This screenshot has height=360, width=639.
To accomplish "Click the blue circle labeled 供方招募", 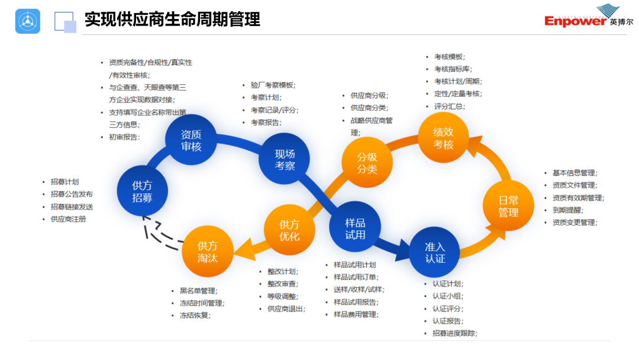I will (x=142, y=192).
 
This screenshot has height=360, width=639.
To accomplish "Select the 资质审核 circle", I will (x=191, y=140).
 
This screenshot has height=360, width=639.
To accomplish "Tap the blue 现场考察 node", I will (x=285, y=159).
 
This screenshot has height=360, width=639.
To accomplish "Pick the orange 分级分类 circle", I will (x=367, y=163).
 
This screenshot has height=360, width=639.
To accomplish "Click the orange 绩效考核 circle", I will (x=443, y=137).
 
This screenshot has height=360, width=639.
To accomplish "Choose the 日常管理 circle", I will (x=508, y=205).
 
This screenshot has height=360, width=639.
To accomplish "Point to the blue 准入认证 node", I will (x=435, y=252).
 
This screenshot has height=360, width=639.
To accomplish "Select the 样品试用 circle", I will (x=355, y=229).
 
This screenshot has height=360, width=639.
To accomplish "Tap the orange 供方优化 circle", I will (x=289, y=230).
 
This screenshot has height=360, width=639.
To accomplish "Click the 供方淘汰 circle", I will (x=207, y=252).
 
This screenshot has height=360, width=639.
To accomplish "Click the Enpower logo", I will (x=589, y=18).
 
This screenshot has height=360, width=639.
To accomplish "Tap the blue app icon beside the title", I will (x=28, y=21).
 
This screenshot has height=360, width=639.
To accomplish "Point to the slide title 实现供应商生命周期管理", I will (x=172, y=20).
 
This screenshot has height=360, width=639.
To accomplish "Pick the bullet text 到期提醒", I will (x=567, y=210).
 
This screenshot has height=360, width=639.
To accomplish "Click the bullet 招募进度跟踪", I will (x=454, y=333).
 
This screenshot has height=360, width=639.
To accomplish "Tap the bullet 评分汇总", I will (x=449, y=107).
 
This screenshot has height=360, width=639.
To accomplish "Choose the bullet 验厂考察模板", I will (x=273, y=85).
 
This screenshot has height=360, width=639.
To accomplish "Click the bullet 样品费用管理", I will (x=355, y=314).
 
